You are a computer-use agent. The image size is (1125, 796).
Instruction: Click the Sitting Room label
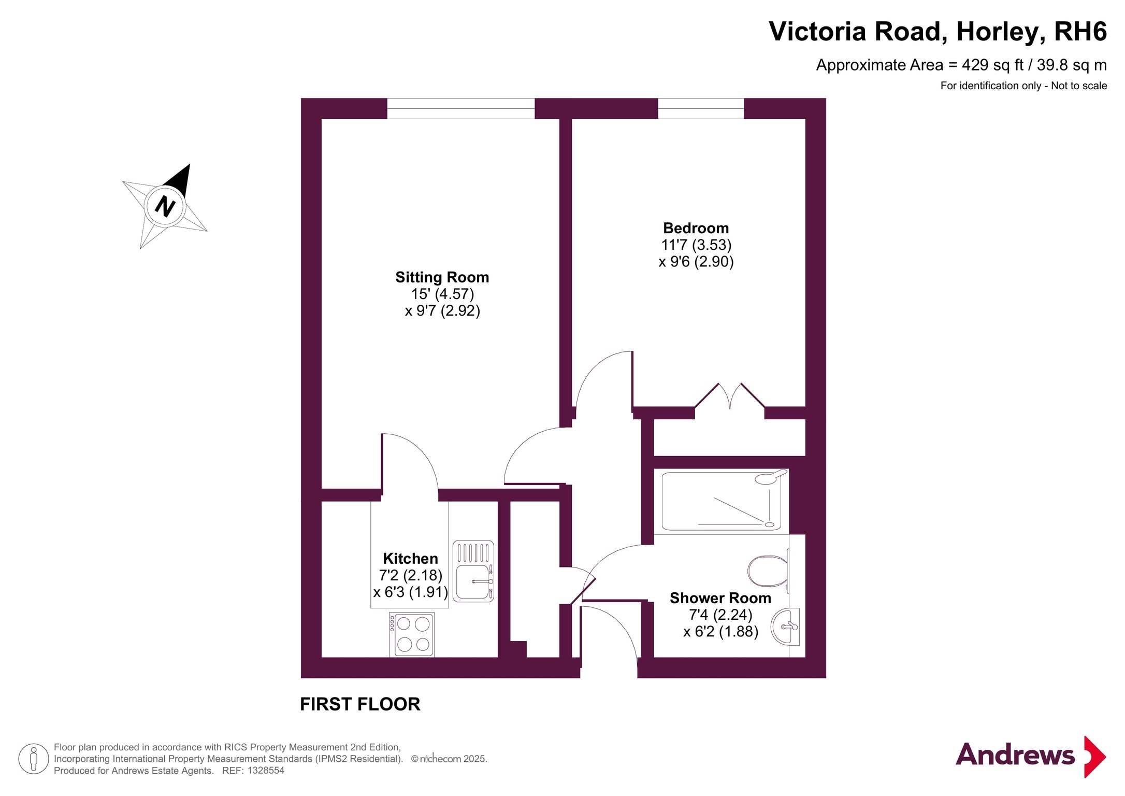(442, 277)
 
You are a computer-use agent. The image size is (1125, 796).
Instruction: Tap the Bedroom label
(696, 228)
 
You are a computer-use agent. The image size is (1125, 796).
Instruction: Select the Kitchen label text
(410, 559)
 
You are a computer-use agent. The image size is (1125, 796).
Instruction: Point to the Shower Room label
(720, 598)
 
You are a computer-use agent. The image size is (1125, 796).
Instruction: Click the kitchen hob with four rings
(412, 634)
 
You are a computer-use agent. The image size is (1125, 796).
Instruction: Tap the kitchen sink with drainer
(473, 571)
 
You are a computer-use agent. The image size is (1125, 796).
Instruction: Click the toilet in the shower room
(768, 571)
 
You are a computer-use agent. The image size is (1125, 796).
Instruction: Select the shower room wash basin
(785, 627)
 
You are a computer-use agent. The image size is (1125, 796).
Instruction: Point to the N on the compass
(165, 206)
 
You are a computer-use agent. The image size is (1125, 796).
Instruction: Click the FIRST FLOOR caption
(360, 704)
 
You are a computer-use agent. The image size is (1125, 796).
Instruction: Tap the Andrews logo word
(1015, 755)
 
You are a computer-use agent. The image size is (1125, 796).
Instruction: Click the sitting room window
(460, 108)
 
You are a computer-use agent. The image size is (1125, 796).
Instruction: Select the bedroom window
(701, 108)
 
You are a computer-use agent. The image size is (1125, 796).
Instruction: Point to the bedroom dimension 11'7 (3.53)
(696, 245)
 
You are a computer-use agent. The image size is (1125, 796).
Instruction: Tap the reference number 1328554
(266, 771)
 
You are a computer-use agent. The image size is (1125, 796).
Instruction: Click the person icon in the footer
(34, 759)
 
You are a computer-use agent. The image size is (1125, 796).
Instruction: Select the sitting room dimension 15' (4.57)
(442, 294)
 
